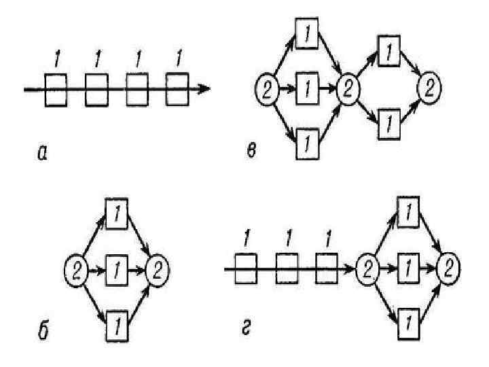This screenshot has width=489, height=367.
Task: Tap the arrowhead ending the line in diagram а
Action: pyautogui.click(x=205, y=89)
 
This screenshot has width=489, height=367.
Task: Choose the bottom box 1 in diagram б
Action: pyautogui.click(x=117, y=324)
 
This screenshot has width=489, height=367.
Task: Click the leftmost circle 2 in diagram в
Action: pyautogui.click(x=266, y=88)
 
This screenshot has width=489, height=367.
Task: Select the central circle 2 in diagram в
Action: pyautogui.click(x=348, y=88)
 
